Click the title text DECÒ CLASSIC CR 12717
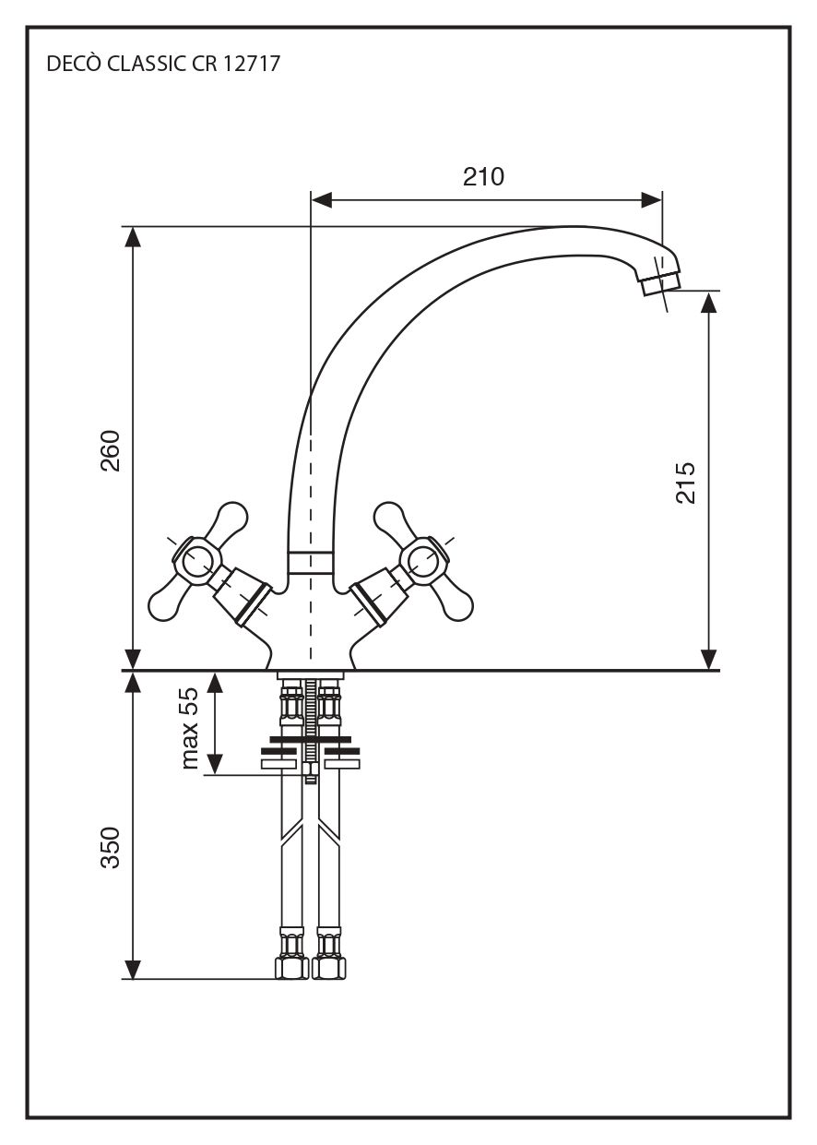coord(162,65)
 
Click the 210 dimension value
coord(483,176)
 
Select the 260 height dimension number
coord(111,450)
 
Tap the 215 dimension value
coord(686,482)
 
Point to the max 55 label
coord(190,728)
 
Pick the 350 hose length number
coord(111,847)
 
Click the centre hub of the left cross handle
coord(197,559)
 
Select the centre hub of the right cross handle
coord(424,559)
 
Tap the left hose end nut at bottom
coord(291,968)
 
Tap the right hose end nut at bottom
coord(329,968)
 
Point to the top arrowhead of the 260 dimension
coord(134,236)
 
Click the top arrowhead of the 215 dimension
coord(708,303)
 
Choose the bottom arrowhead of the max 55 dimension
coord(215,764)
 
